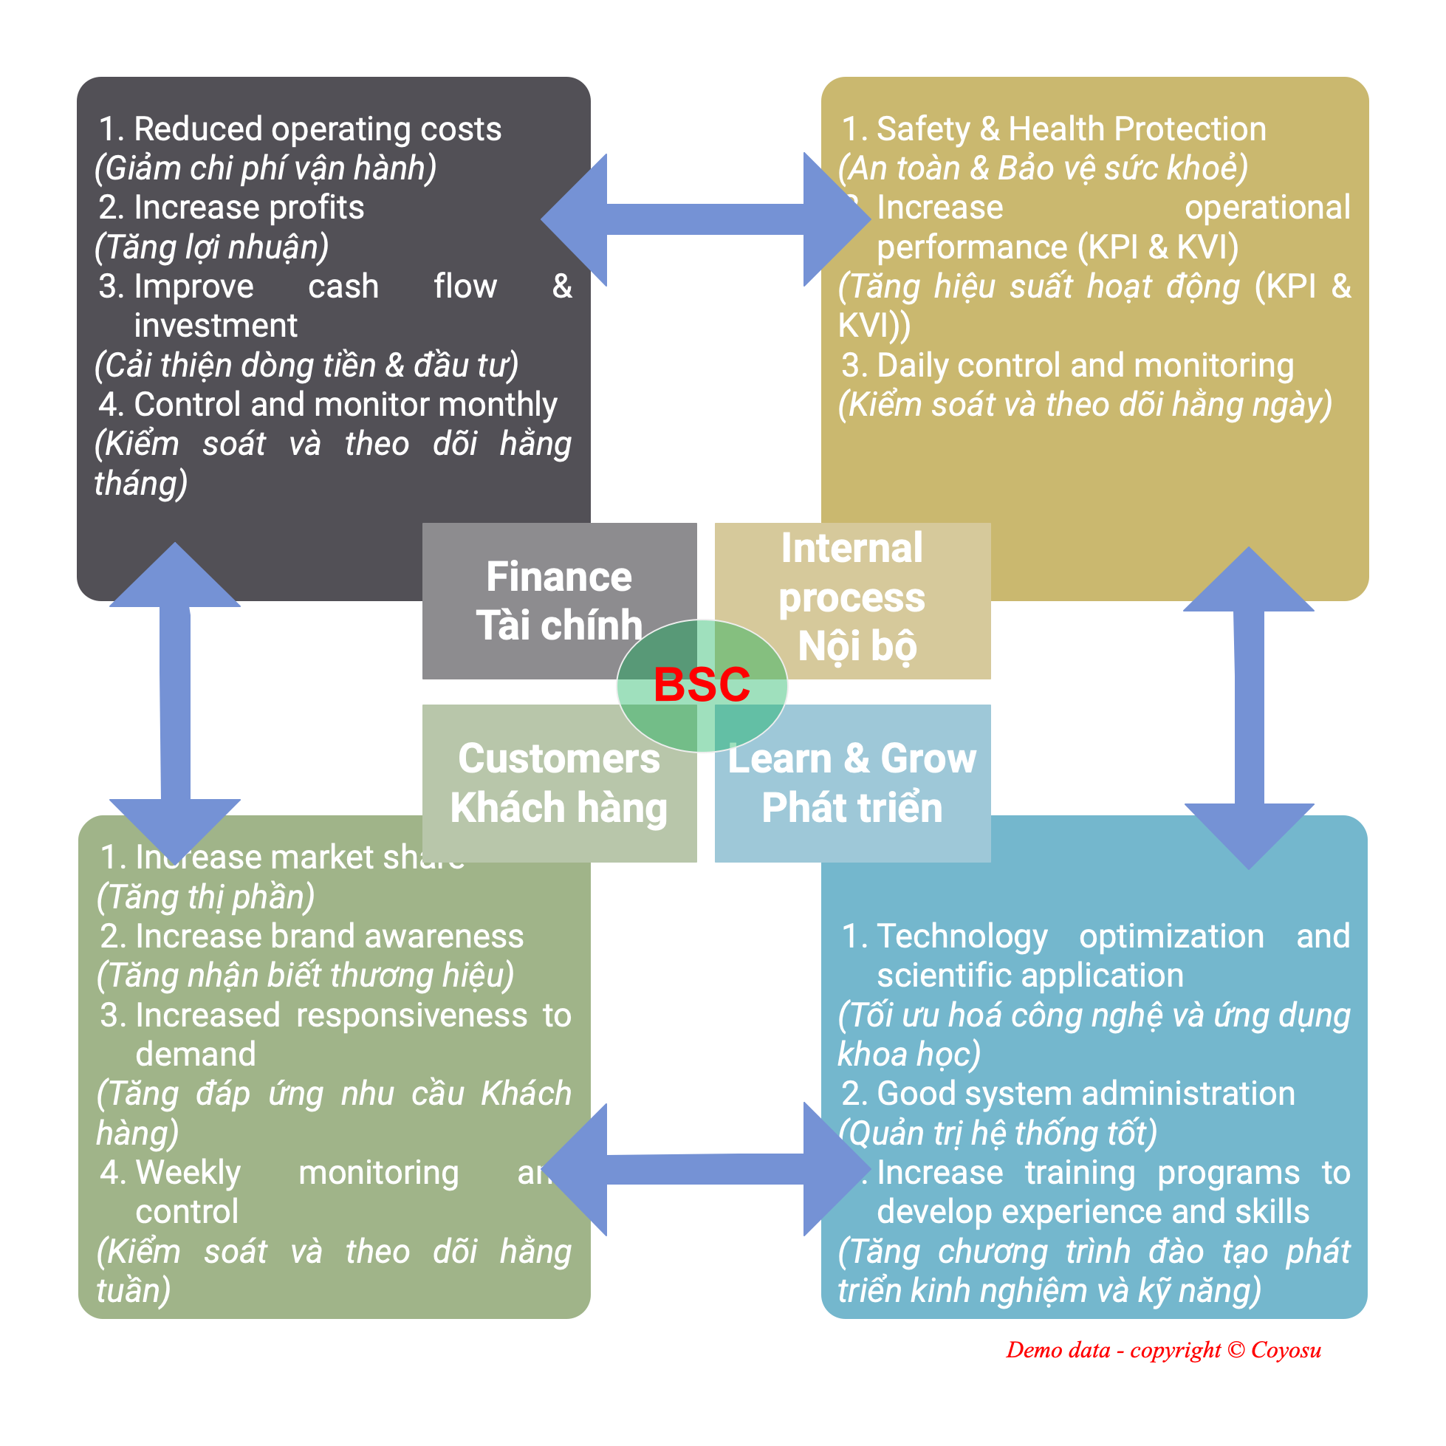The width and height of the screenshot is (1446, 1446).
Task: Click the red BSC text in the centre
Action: coord(702,684)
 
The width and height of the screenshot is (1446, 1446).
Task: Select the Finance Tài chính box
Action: coord(558,600)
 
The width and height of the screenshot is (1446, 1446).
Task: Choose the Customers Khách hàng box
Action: coord(558,783)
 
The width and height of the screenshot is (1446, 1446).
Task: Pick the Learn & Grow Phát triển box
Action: coord(852,783)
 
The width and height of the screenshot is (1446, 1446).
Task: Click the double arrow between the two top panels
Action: coord(705,220)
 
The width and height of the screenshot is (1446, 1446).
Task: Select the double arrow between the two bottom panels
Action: coord(705,1169)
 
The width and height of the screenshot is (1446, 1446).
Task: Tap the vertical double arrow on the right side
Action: coord(1248,707)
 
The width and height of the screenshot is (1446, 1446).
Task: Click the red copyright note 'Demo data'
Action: coord(1163,1350)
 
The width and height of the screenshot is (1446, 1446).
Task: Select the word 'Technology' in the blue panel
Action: coord(962,936)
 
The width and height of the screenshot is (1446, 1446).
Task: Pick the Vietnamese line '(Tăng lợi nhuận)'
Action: coord(212,247)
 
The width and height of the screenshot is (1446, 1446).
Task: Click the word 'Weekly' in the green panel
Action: coord(188,1172)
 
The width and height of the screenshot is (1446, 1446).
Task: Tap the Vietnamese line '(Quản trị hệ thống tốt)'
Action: coord(998,1133)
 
